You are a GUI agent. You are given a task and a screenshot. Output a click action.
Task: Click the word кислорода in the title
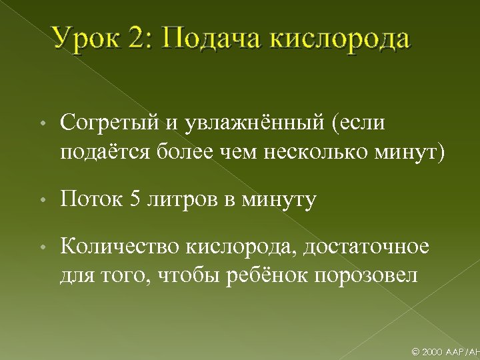click(x=340, y=39)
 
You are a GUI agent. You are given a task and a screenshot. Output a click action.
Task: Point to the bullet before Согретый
click(x=42, y=125)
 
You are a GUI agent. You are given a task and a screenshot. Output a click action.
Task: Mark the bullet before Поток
click(x=42, y=201)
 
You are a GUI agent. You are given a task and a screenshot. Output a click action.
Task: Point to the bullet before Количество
click(x=42, y=249)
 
